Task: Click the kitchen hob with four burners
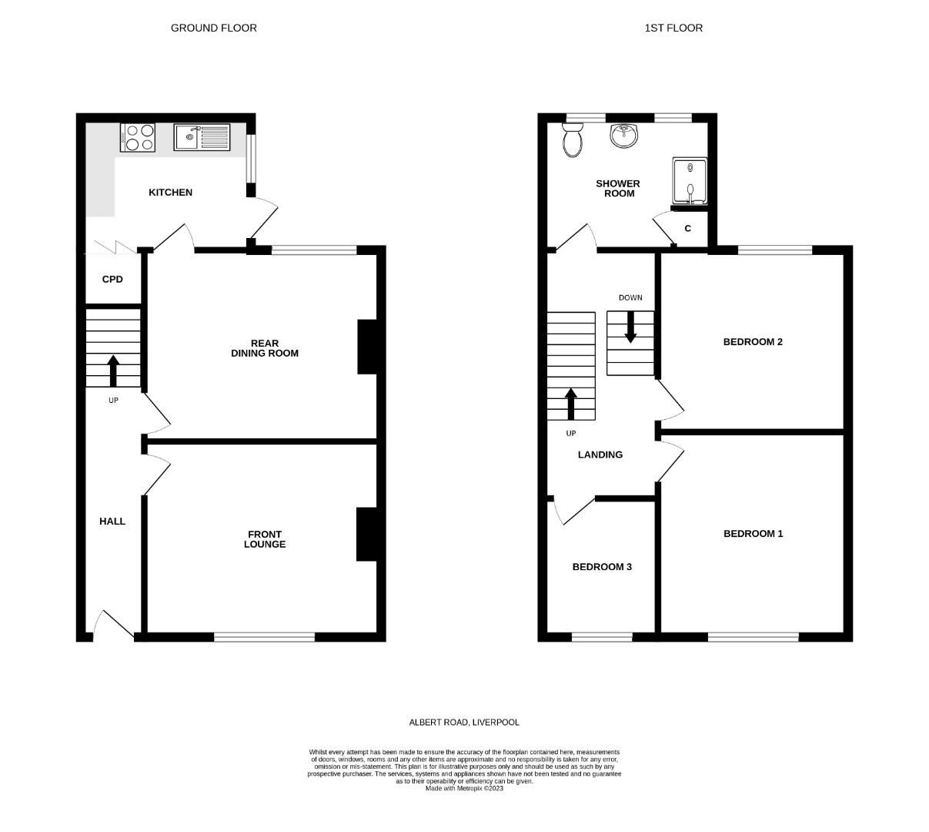coord(138,137)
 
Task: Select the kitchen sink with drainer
coord(202,137)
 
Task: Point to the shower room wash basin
coord(623,136)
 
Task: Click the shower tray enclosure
coord(690,182)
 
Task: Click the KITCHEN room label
coord(170,193)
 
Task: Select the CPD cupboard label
coord(112,279)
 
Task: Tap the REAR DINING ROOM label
coord(265,348)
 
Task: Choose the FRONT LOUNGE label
coord(265,539)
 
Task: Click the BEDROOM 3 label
coord(602,567)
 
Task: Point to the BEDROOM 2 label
coord(753,342)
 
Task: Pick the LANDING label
coord(600,455)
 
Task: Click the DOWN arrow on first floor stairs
coord(630,327)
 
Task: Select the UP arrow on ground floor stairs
coord(113,371)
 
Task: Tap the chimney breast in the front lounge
coord(366,534)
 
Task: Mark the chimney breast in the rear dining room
coord(366,347)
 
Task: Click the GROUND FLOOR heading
coord(214,28)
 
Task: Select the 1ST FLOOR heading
coord(673,28)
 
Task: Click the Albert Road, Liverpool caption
coord(464,723)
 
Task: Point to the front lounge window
coord(264,637)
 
